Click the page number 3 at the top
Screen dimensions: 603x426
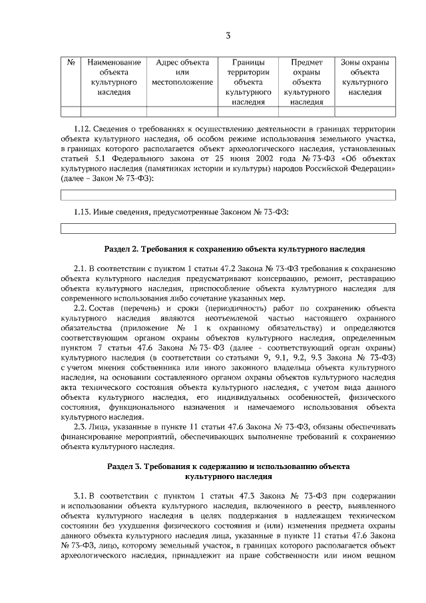[228, 35]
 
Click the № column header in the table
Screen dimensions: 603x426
[71, 63]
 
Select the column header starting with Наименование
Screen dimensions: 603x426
[113, 77]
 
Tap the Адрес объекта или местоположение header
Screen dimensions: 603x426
[182, 73]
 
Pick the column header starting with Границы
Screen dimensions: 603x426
[248, 82]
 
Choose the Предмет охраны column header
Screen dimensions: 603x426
[306, 82]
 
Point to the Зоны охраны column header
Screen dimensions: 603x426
[365, 77]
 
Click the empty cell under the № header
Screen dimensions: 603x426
[71, 111]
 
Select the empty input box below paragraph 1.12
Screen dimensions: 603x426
[228, 195]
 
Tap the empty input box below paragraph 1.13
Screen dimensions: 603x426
[228, 229]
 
